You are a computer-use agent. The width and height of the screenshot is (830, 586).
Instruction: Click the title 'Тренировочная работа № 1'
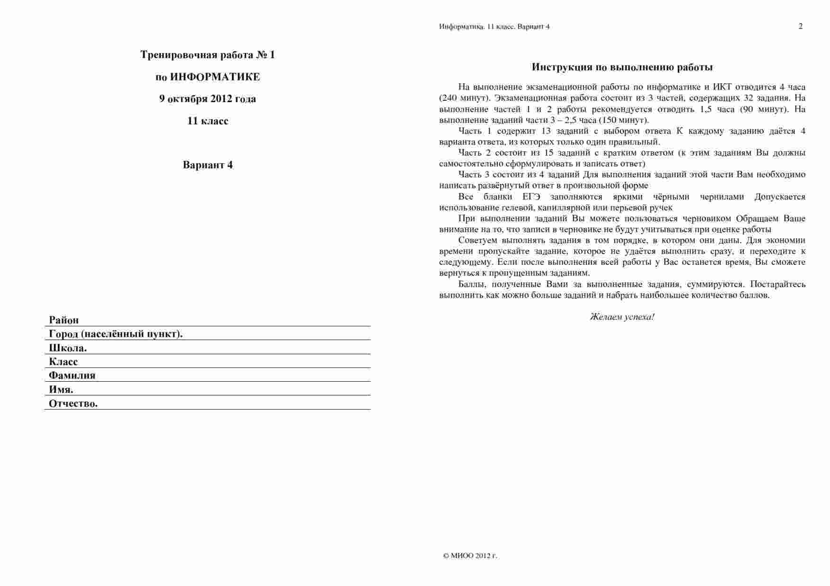pos(207,55)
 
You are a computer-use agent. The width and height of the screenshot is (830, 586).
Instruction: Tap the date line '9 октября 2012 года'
pos(207,99)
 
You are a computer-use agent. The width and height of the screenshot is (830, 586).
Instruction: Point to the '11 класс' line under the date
pos(207,121)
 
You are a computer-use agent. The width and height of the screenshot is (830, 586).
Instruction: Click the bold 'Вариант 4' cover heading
pos(207,165)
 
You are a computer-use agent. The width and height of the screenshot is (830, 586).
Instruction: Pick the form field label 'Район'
pos(64,320)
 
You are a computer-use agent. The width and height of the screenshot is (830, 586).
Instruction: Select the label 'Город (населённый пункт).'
pos(115,334)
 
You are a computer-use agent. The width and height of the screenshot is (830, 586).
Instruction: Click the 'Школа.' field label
pos(68,348)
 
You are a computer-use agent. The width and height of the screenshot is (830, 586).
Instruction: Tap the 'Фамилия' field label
pos(72,376)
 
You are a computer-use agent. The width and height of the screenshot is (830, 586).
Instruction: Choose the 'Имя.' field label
pos(61,390)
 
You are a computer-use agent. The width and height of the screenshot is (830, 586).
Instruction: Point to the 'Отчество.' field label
pos(73,403)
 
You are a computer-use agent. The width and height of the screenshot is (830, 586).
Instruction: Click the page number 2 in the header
pos(800,26)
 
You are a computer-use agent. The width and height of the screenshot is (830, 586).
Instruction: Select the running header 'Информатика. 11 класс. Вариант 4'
pos(494,26)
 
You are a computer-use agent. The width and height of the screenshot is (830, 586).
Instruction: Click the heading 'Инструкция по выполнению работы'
pos(622,67)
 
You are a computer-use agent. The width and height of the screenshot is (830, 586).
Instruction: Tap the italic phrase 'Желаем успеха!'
pos(622,317)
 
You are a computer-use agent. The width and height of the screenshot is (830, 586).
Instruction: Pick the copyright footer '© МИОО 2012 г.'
pos(470,556)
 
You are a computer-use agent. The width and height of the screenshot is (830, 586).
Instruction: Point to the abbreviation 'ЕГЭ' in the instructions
pos(531,197)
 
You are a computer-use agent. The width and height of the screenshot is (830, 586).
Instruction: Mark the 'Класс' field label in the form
pos(63,362)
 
